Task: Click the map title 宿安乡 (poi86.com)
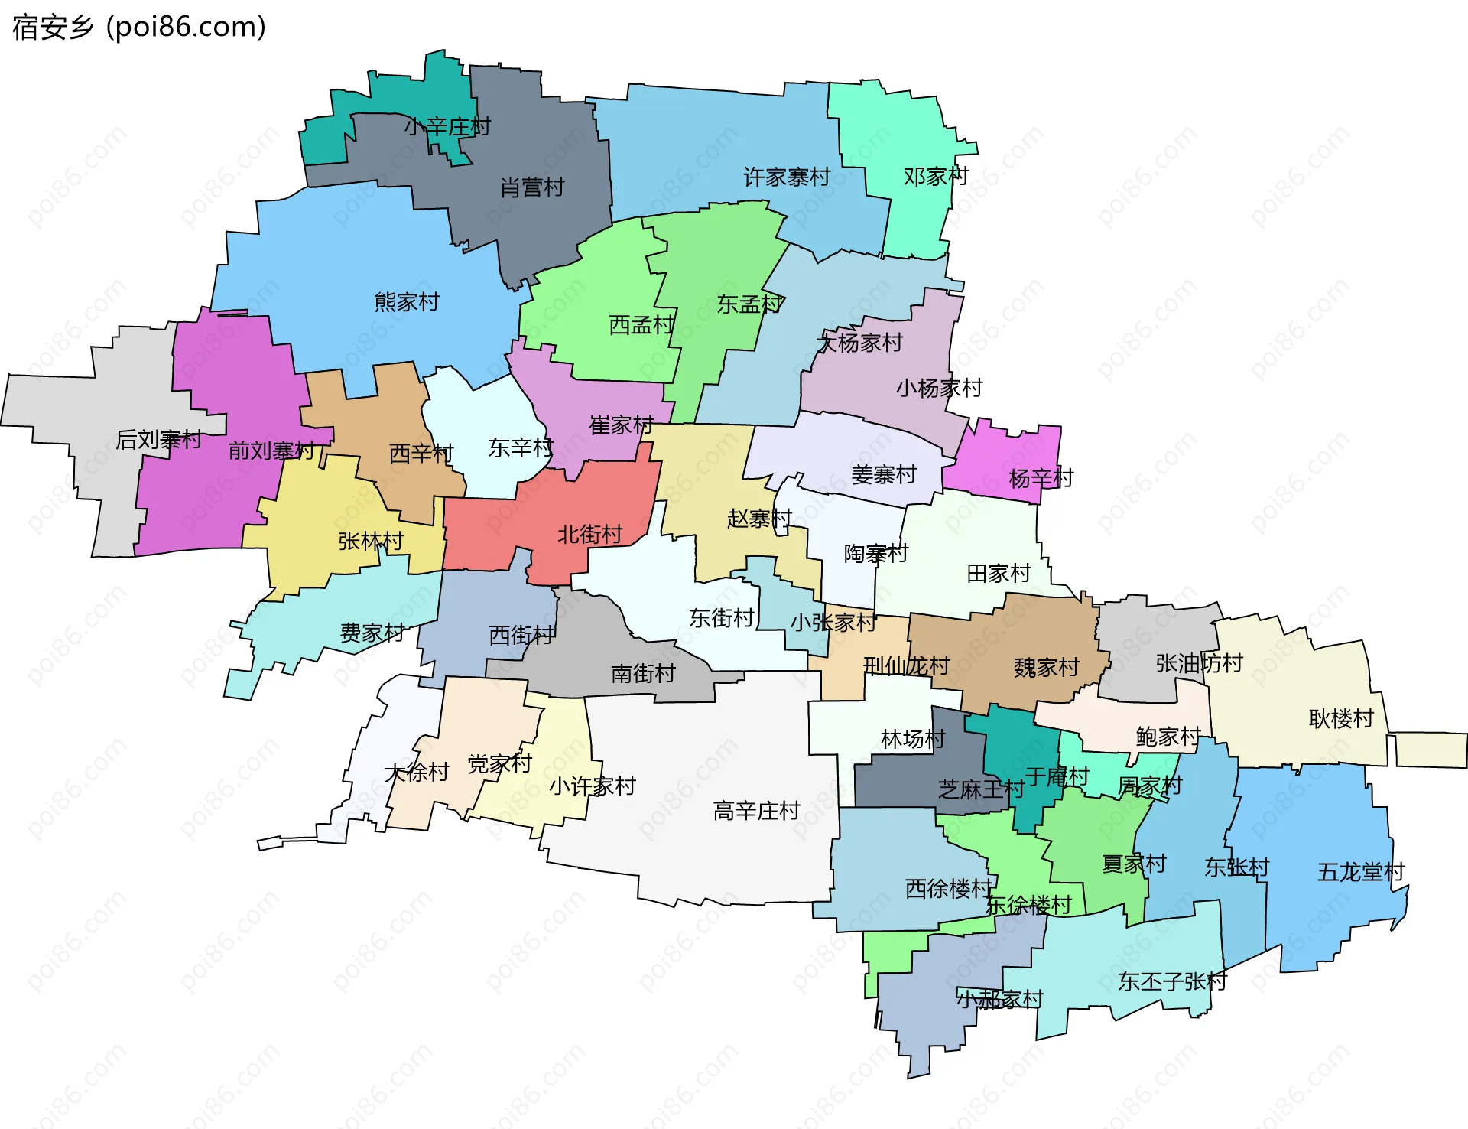[x=138, y=28]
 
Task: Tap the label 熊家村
[x=407, y=302]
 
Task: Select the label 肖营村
[x=532, y=187]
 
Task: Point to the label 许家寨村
[x=787, y=177]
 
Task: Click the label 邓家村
[x=936, y=177]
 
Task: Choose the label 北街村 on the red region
[x=589, y=534]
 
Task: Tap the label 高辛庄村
[x=756, y=810]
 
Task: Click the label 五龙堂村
[x=1361, y=872]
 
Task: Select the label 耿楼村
[x=1341, y=718]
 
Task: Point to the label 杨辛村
[x=1041, y=478]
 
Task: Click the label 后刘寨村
[x=158, y=439]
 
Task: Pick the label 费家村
[x=372, y=633]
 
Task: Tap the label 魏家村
[x=1046, y=668]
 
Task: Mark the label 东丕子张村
[x=1172, y=981]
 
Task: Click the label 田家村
[x=999, y=573]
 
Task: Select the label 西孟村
[x=641, y=325]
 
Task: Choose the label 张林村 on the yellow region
[x=371, y=541]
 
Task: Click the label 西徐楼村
[x=949, y=888]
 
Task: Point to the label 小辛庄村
[x=447, y=126]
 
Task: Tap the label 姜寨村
[x=883, y=474]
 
